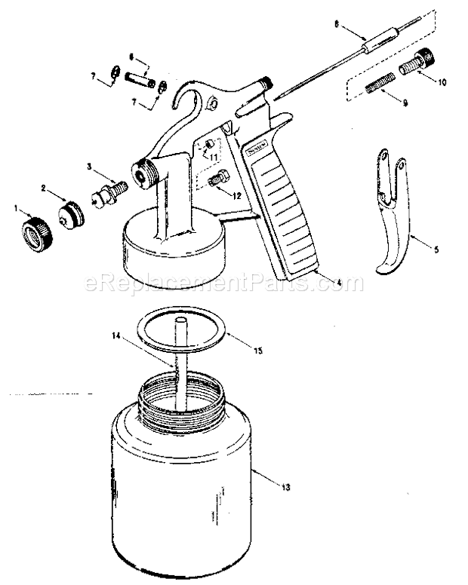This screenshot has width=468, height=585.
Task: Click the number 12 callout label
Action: (x=237, y=194)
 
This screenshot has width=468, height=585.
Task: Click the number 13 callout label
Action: (x=285, y=487)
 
